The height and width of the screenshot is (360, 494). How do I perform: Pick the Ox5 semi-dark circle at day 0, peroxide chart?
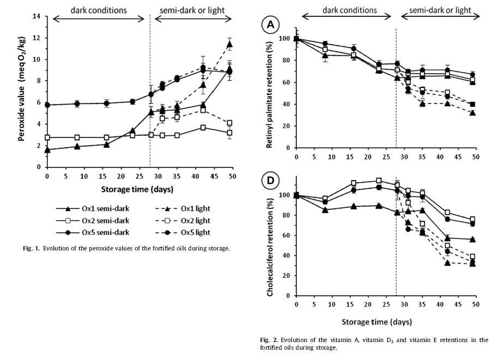point(47,105)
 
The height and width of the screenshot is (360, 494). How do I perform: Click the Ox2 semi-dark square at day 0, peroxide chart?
point(47,137)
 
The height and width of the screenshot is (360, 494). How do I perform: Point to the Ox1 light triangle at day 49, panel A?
point(472,113)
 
